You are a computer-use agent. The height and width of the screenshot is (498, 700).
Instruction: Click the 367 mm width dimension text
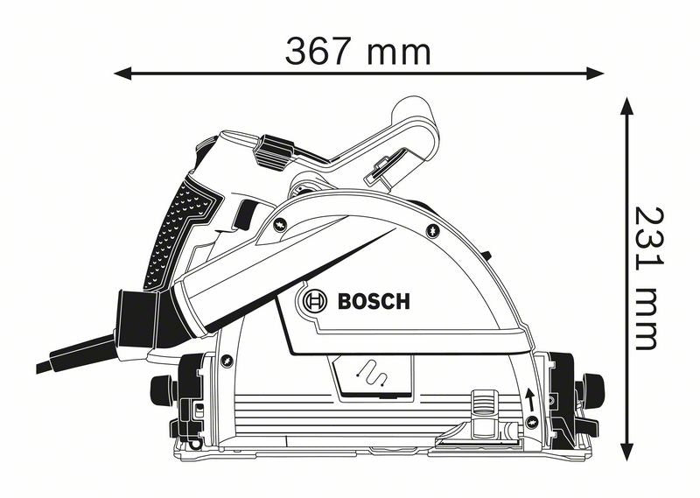click(358, 52)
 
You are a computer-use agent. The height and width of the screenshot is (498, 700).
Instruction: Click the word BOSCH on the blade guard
click(373, 303)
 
